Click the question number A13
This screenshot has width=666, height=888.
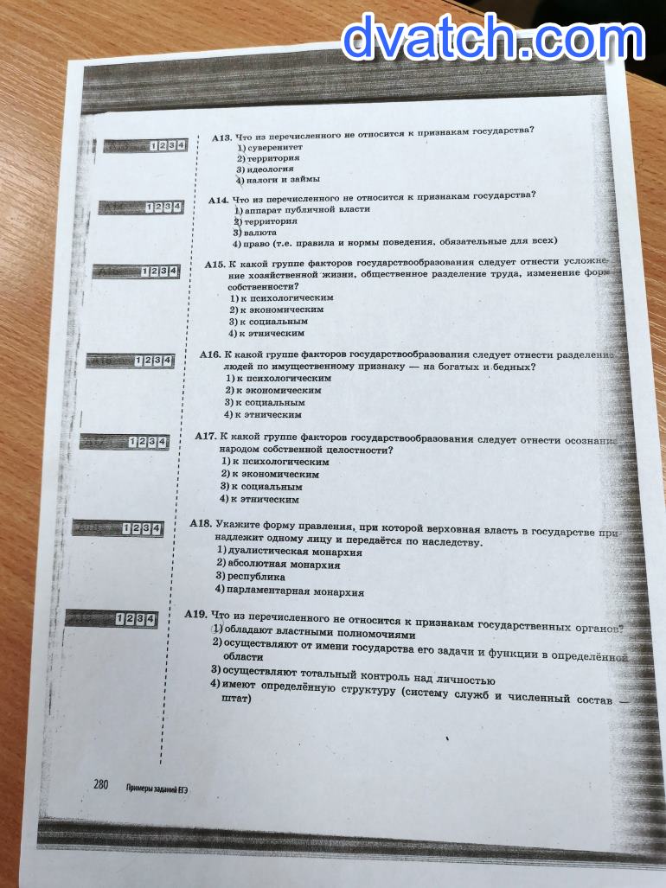coord(221,137)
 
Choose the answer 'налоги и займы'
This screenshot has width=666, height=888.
coord(283,180)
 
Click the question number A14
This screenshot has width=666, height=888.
coord(218,200)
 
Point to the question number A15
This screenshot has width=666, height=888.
coord(215,265)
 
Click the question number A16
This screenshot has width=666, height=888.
coord(210,355)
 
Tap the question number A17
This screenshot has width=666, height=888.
coord(205,438)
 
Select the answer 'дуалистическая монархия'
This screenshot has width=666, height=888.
coord(293,552)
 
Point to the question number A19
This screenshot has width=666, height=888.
coord(195,614)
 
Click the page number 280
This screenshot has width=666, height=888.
coord(101,784)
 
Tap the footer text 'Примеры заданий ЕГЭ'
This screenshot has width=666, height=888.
coord(157,788)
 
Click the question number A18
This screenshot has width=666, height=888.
coord(201,523)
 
